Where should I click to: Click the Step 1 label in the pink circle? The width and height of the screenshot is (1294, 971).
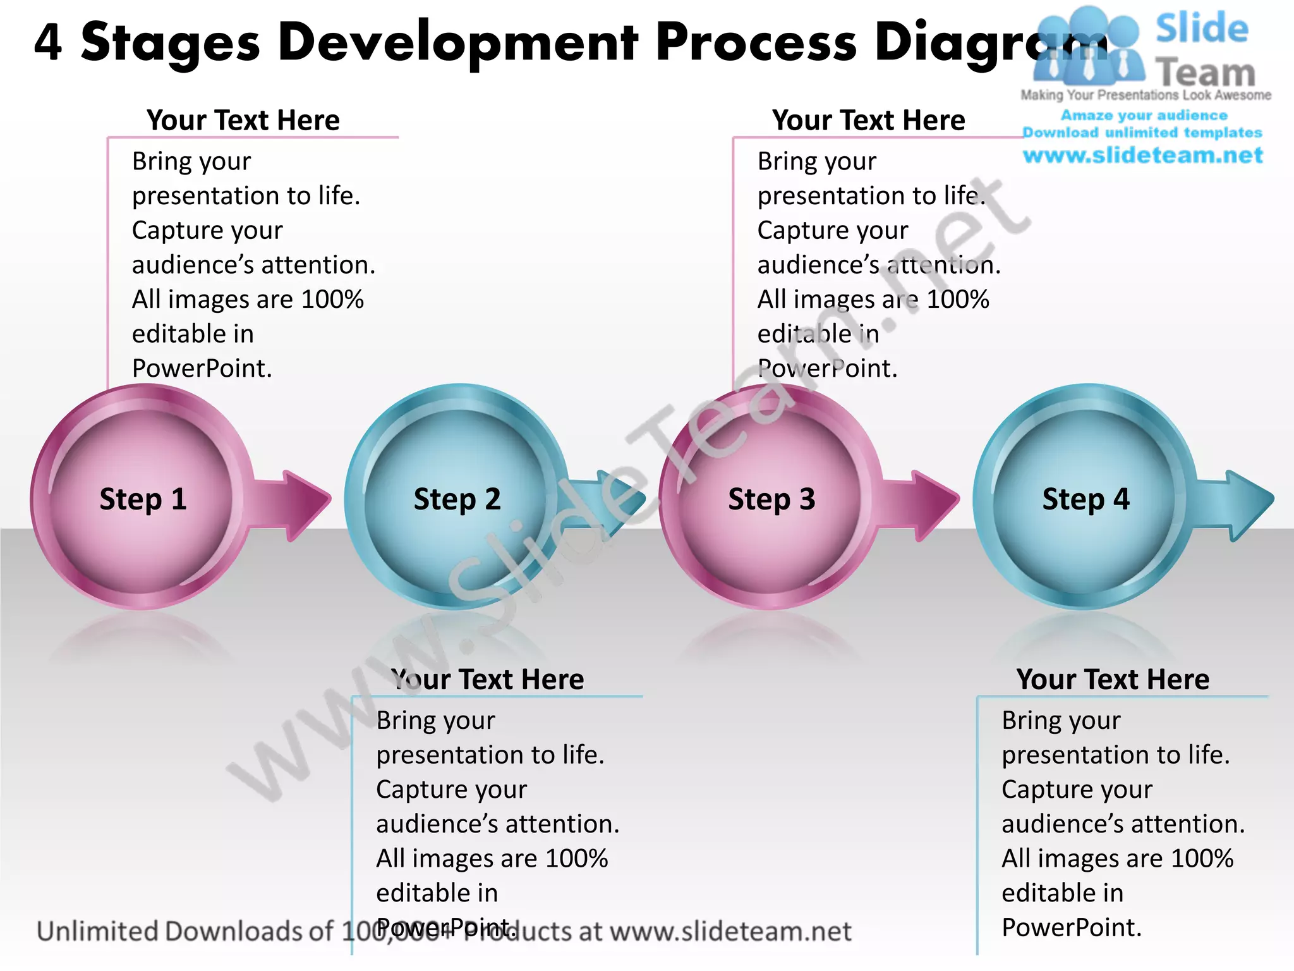coord(143,499)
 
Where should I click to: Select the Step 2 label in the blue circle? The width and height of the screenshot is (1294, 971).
coord(457,499)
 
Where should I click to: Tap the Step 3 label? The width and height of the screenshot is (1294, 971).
coord(771,499)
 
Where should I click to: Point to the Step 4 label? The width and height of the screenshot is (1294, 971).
coord(1085,499)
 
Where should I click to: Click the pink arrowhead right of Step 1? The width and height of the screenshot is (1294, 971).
coord(303,504)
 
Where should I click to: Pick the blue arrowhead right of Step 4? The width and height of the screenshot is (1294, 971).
coord(1248,504)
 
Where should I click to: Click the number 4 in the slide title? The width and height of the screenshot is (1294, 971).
coord(48,43)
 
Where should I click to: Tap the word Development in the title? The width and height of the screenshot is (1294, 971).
coord(458,43)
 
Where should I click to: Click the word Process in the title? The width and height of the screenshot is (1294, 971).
coord(756,43)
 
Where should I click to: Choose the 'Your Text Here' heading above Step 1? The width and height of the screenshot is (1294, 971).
coord(243,120)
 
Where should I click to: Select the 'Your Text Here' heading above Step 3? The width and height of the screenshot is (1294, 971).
coord(868,120)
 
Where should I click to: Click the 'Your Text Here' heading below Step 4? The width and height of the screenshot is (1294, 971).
coord(1113,680)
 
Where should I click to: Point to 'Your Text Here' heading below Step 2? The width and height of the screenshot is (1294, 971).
coord(487,680)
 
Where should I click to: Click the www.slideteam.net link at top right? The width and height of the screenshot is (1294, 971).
coord(1142,156)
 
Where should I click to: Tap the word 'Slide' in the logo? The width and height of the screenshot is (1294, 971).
coord(1202,29)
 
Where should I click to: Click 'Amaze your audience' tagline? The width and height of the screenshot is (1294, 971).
coord(1144,116)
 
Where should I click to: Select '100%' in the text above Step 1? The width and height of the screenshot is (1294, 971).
coord(332,300)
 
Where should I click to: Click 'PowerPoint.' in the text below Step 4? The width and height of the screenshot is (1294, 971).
coord(1072,927)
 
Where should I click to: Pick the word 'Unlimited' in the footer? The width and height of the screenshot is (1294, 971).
coord(98,931)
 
